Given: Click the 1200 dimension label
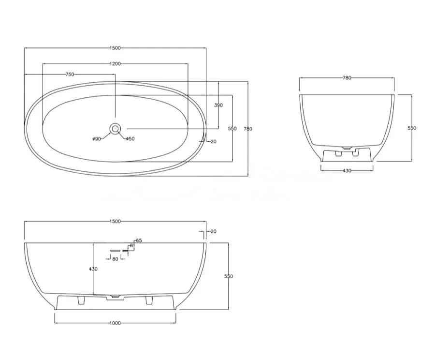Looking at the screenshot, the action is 115,63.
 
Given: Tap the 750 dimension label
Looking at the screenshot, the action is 70,74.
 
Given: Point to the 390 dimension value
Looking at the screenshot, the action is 218,105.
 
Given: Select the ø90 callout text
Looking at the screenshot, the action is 97,139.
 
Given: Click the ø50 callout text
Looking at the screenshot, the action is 130,139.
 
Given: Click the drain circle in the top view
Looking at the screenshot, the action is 115,129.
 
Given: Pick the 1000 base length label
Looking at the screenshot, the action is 115,323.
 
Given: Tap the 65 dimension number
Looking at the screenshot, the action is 139,240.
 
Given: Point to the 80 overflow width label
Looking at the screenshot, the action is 115,259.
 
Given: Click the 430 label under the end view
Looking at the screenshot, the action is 347,171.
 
